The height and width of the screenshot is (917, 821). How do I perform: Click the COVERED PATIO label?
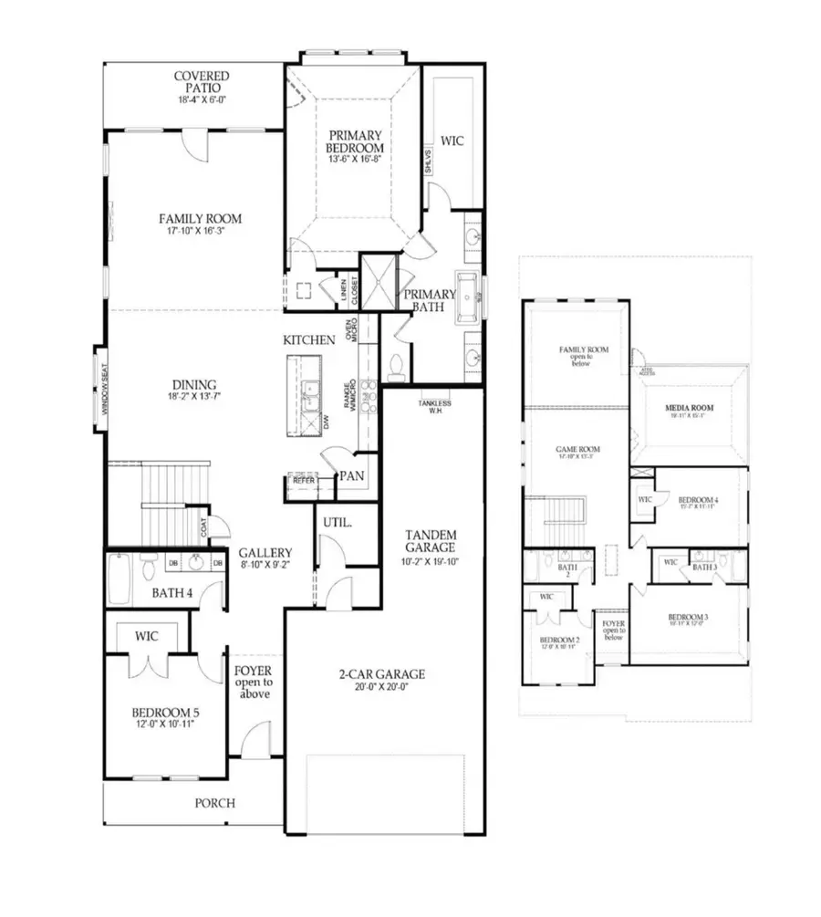202,82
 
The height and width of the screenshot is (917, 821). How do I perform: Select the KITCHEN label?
309,339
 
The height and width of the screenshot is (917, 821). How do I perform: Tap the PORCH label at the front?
215,803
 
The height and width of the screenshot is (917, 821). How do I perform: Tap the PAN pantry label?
351,475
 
